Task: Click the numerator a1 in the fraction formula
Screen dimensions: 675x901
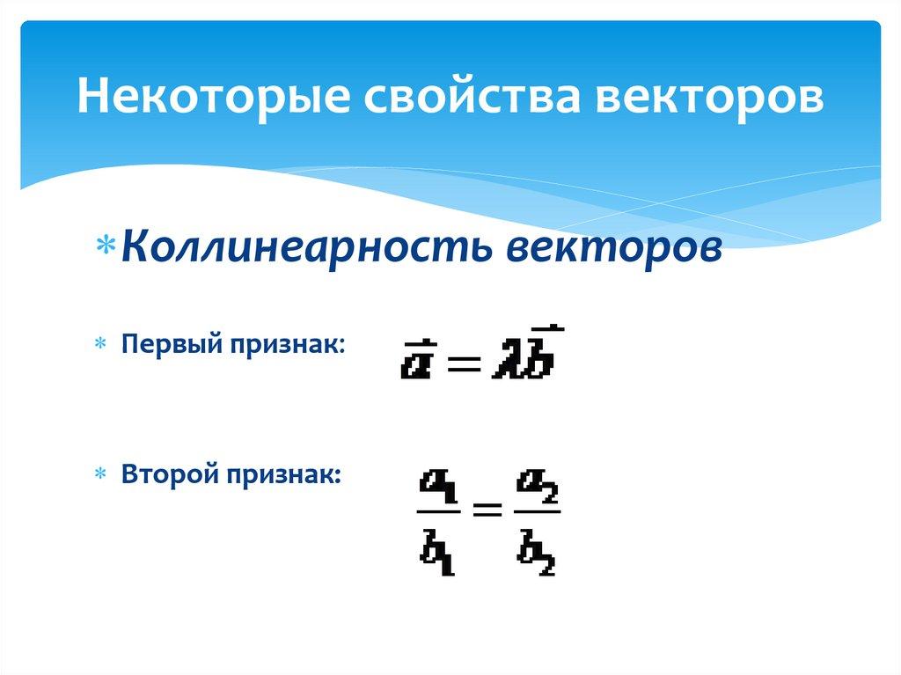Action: (438, 483)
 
